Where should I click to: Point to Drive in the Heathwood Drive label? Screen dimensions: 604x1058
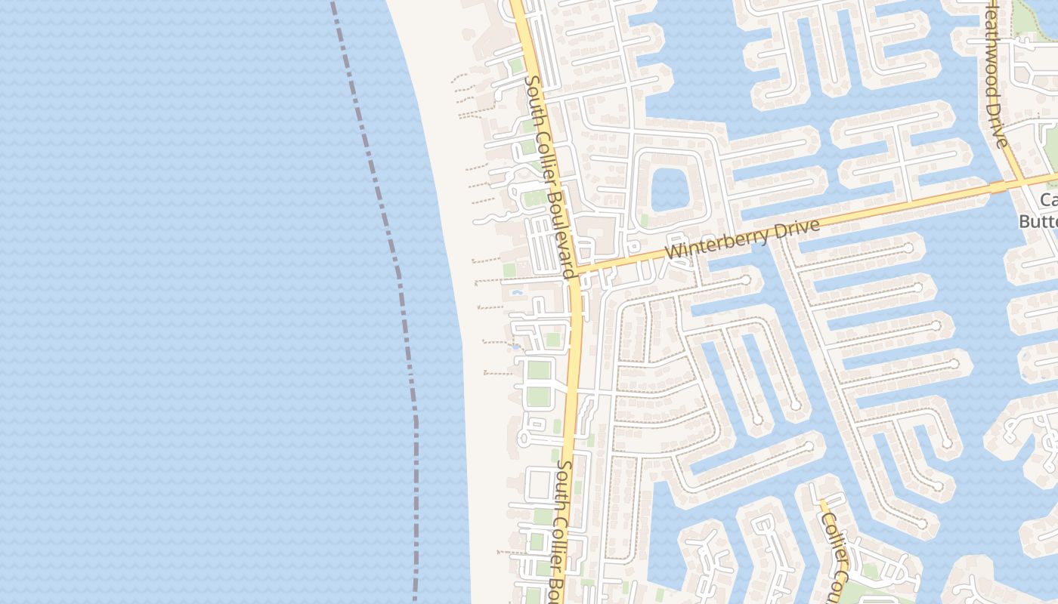coord(998,125)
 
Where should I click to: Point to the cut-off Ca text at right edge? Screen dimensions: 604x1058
coord(1048,200)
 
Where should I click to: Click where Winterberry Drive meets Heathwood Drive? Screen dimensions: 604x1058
coord(1022,181)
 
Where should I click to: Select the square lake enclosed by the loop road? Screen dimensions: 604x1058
coord(667,189)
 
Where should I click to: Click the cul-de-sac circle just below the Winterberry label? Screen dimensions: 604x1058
coord(746,280)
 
